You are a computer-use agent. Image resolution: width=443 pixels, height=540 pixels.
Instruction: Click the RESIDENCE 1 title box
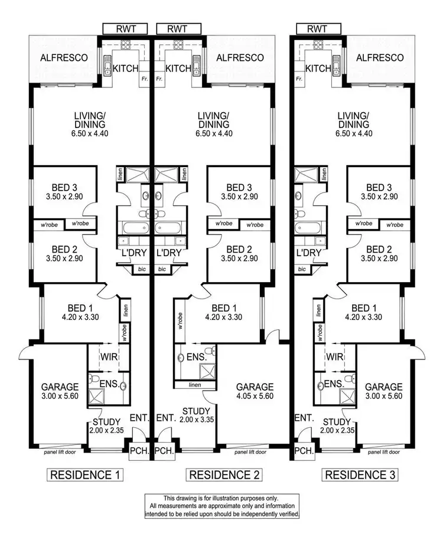(x=84, y=474)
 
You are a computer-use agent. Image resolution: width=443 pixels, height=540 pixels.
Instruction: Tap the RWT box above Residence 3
(x=317, y=28)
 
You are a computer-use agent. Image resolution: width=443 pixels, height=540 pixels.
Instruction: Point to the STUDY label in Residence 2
(x=196, y=411)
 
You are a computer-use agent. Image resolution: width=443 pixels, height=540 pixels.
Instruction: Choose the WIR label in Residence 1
(x=103, y=357)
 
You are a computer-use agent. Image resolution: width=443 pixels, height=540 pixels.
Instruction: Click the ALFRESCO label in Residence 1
(x=64, y=58)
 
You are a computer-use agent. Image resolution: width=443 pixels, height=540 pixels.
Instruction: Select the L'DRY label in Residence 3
(x=308, y=253)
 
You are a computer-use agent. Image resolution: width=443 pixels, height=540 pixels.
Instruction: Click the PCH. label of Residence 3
(x=303, y=451)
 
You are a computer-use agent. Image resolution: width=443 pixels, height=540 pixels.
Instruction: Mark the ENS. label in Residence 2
(x=197, y=357)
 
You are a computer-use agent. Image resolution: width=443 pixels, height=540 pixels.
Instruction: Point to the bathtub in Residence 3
(x=308, y=227)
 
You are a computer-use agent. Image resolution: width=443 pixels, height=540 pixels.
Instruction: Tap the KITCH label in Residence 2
(x=178, y=68)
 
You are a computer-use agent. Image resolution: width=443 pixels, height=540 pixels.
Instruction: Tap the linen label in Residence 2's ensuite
(x=196, y=385)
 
